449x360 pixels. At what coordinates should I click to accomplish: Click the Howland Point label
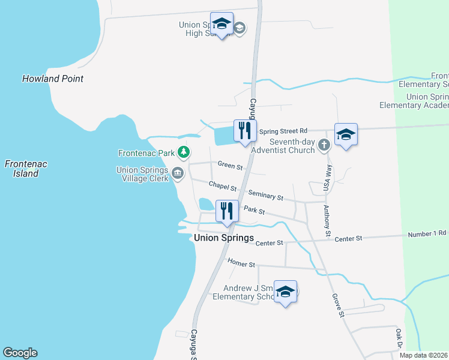(53, 79)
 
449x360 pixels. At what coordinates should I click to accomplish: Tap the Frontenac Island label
(26, 168)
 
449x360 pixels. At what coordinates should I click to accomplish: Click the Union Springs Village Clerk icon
(177, 173)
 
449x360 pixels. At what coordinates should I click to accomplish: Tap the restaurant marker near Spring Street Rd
(245, 131)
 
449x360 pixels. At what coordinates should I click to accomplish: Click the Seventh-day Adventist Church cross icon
(324, 145)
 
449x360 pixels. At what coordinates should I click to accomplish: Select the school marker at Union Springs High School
(221, 25)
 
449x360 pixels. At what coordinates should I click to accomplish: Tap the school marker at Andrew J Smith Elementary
(285, 292)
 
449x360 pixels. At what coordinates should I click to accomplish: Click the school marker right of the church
(346, 135)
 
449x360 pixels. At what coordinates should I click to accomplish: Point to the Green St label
(230, 165)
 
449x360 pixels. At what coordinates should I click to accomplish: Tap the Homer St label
(241, 263)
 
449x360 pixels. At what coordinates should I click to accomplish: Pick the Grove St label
(339, 305)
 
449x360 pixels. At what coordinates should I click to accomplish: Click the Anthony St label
(327, 220)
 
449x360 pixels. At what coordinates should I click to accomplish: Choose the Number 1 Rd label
(427, 233)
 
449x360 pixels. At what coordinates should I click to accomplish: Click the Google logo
(20, 353)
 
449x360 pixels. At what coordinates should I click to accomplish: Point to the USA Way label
(328, 178)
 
